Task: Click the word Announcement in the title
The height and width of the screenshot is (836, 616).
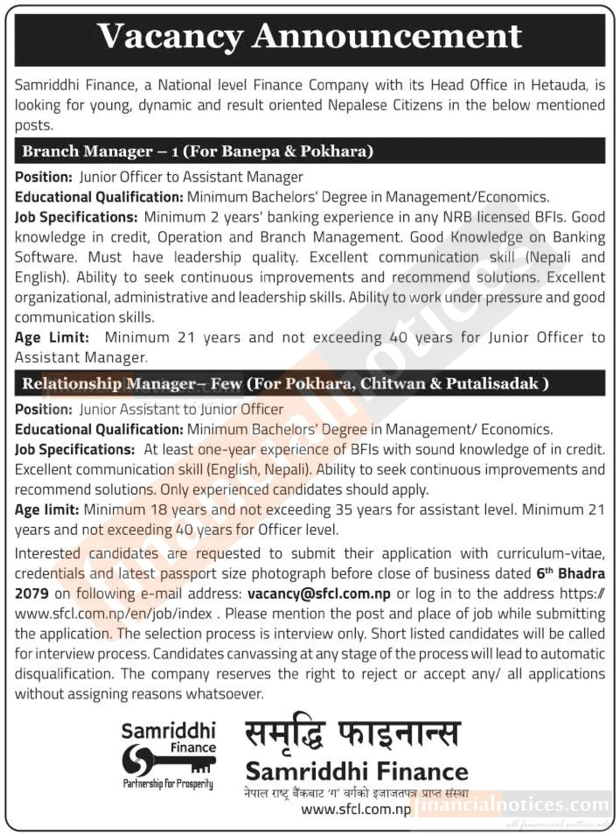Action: tap(387, 37)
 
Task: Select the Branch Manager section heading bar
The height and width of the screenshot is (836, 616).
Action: tap(309, 151)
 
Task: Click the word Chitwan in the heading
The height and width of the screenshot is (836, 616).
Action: tap(392, 384)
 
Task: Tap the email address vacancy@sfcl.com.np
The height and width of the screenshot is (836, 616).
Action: tap(319, 594)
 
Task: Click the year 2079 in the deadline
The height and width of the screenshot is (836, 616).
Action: tap(32, 594)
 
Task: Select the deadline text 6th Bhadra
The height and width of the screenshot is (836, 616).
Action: tap(570, 574)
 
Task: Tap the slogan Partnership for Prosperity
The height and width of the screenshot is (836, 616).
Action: tap(168, 784)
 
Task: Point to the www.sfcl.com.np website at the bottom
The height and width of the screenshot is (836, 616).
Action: tap(356, 809)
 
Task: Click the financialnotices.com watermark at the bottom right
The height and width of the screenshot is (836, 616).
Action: tap(512, 805)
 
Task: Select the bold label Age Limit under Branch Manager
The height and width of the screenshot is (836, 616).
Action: tap(52, 338)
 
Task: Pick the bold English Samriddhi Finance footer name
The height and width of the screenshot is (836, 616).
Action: tap(357, 773)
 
